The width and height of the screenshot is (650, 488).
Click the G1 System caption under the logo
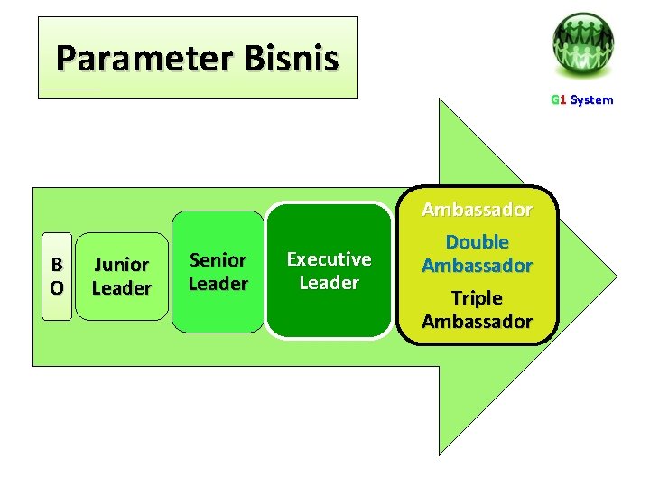(581, 100)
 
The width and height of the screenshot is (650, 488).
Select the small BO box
(57, 277)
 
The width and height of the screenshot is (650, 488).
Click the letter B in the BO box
(57, 265)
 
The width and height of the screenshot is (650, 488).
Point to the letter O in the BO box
(57, 288)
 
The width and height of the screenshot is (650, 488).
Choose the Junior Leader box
(121, 277)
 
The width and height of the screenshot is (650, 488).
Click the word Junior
(121, 265)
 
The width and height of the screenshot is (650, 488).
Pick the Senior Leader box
(218, 272)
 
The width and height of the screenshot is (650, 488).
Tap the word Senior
(218, 260)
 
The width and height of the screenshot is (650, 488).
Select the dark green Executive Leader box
(329, 270)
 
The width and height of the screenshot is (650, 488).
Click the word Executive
(329, 259)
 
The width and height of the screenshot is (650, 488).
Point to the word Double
(477, 242)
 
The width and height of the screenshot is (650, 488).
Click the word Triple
(477, 298)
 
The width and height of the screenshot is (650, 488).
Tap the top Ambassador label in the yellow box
(477, 210)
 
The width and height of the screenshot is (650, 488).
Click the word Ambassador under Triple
(477, 322)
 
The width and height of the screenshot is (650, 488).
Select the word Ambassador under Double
(477, 266)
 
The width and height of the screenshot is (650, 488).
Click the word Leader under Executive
(329, 283)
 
